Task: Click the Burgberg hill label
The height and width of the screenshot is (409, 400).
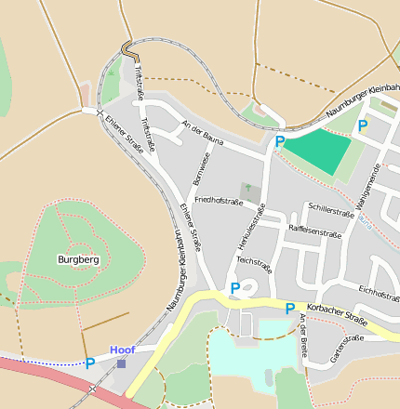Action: [x=77, y=259]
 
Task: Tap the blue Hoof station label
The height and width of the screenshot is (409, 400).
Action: [x=122, y=350]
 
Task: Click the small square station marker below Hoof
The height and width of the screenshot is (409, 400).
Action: [x=121, y=363]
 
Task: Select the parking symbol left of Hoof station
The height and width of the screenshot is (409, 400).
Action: [x=90, y=363]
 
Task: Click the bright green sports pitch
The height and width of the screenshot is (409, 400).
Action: [x=316, y=149]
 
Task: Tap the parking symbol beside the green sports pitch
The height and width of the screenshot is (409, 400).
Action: [x=280, y=141]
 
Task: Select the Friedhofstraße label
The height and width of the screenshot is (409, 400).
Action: [x=219, y=201]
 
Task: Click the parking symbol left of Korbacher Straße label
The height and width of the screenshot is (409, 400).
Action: [x=290, y=308]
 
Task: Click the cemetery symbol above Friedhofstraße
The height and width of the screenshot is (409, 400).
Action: [x=247, y=189]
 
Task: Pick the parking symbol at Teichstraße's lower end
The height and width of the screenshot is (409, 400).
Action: [x=234, y=288]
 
